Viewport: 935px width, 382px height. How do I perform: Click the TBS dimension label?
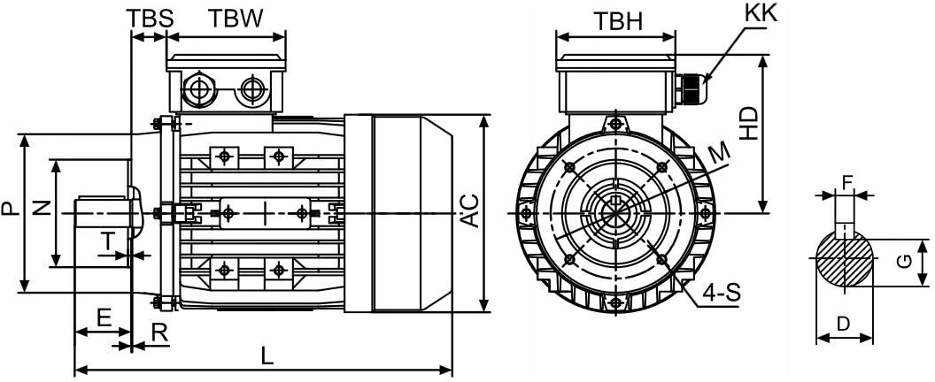click(151, 19)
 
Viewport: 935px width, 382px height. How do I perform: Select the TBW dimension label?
click(236, 19)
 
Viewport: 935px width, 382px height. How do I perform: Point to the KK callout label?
click(761, 13)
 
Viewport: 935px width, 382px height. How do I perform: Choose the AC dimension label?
click(470, 210)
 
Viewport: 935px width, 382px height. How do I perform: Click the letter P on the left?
click(8, 208)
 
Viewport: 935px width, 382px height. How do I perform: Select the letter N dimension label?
click(41, 208)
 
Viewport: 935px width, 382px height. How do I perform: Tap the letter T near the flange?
click(107, 241)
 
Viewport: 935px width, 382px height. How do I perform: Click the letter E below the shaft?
click(104, 317)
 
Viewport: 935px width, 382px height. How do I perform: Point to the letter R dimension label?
click(159, 333)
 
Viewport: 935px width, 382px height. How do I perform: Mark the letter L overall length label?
click(267, 356)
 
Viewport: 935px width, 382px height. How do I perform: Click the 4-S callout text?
click(722, 293)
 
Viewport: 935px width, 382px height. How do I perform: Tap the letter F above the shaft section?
click(846, 183)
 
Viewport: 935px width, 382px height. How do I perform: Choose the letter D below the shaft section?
click(843, 325)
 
